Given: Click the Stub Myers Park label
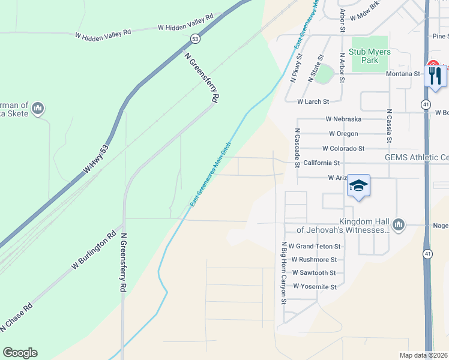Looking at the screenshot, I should tap(370, 56).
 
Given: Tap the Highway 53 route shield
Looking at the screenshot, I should tap(195, 38).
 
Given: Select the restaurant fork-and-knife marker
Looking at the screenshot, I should tap(435, 75).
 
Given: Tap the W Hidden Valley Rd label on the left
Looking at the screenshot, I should tap(103, 35).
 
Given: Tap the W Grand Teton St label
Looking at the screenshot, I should tap(315, 247).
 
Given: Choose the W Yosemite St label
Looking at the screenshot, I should tap(315, 287).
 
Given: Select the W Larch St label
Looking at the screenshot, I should tap(313, 102).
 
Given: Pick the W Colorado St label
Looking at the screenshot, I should tap(343, 148).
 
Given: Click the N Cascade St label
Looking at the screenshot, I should tap(297, 147).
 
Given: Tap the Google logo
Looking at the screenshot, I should tap(20, 353).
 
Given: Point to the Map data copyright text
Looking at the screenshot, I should tap(424, 355).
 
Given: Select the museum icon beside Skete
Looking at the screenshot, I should tap(38, 108).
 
